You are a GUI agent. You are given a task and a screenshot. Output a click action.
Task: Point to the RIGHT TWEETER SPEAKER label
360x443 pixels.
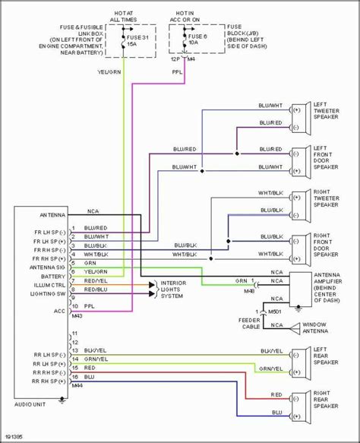coord(326,200)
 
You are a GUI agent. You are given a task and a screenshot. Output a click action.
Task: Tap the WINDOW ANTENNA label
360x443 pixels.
coord(327,329)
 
